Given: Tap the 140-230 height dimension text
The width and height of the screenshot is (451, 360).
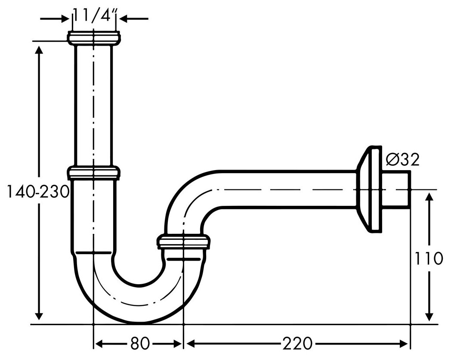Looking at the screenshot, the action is click(x=38, y=191).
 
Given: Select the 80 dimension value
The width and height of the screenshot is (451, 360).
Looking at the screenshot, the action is click(x=140, y=343).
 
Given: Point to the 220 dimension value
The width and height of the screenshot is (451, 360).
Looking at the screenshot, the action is click(x=297, y=343).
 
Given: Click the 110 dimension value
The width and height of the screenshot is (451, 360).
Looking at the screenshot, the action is click(x=428, y=258).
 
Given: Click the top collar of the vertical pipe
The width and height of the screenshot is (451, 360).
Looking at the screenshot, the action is click(x=94, y=38).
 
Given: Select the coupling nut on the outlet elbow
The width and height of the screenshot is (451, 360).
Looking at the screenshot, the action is click(x=183, y=242).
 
